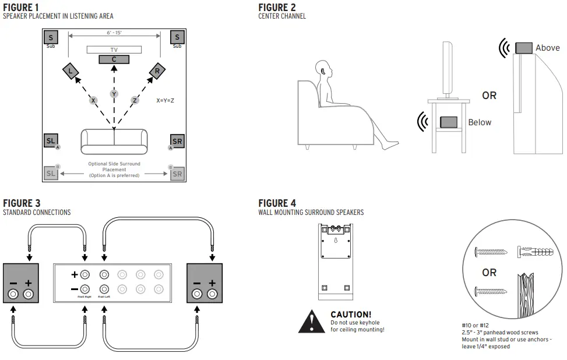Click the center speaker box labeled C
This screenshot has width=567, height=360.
click(x=114, y=59)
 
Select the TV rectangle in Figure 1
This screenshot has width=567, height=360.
click(x=114, y=50)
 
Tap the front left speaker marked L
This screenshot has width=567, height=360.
click(x=71, y=72)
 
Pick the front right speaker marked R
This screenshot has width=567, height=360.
click(x=157, y=72)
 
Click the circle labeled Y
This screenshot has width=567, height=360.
click(x=114, y=94)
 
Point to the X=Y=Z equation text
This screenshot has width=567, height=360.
click(x=165, y=101)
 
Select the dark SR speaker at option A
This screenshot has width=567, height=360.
click(x=177, y=142)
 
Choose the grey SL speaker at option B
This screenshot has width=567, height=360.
click(x=51, y=173)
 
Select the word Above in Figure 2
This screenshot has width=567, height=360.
click(x=547, y=48)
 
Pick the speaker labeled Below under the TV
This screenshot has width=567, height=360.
click(x=448, y=122)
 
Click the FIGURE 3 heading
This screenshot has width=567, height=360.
click(x=22, y=203)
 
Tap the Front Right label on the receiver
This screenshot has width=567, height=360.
click(x=85, y=296)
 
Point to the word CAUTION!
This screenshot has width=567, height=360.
click(x=351, y=315)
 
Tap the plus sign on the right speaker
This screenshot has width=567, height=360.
click(x=212, y=283)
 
